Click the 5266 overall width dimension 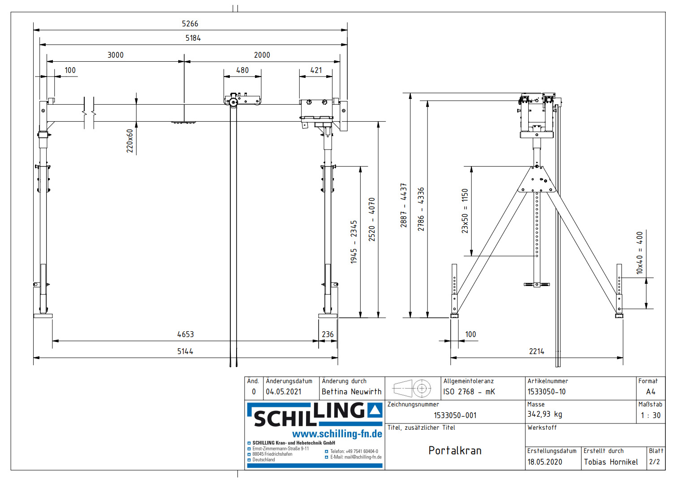pos(190,24)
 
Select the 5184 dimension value pos(193,38)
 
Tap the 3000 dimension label pos(115,55)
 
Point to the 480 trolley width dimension pos(242,70)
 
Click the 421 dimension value pos(316,70)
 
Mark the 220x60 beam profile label pos(130,141)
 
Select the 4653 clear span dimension pos(185,334)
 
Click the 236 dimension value pos(328,334)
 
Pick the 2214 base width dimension pos(536,351)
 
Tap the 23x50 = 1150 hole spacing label pos(465,211)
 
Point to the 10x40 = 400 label pos(639,252)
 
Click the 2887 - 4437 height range pos(403,205)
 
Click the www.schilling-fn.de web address pos(337,434)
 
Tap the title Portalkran pos(455,450)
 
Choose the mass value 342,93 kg pos(544,414)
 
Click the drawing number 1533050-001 pos(455,415)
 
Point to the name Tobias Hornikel pos(611,462)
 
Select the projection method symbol pos(412,388)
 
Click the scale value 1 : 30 pos(651,415)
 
